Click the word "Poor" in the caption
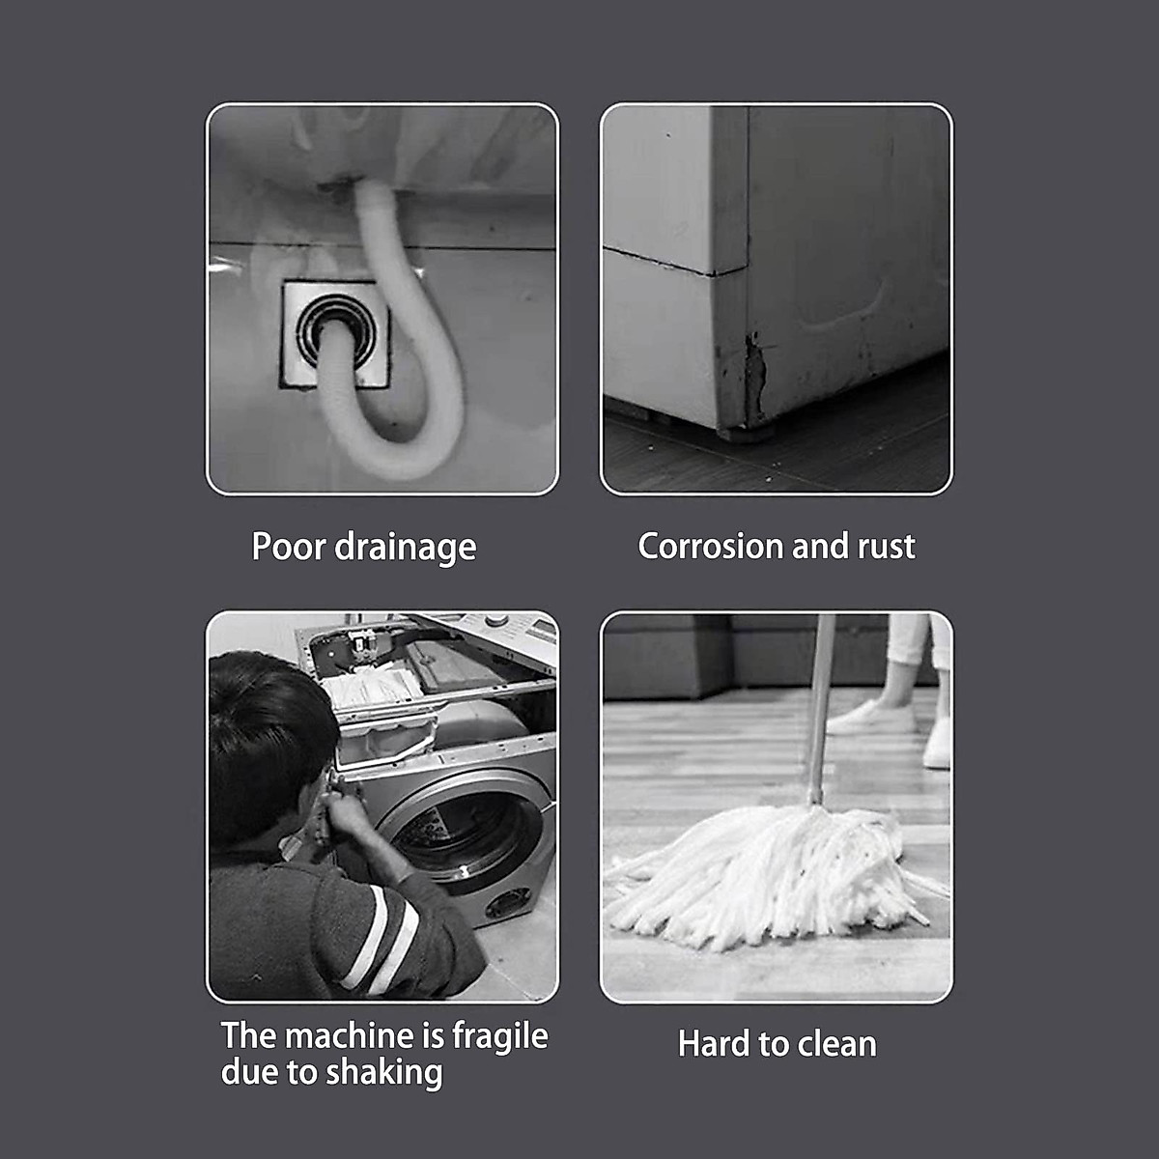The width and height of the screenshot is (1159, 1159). pos(288,547)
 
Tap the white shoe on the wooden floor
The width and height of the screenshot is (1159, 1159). pos(869,717)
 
